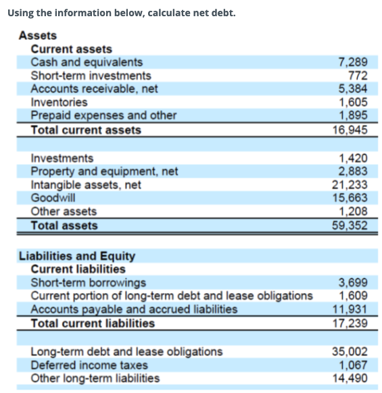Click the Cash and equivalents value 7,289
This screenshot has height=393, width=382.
coord(352,62)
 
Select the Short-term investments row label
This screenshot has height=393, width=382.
coord(91,76)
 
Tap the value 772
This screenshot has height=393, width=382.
coord(358,76)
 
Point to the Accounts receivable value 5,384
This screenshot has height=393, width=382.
coord(352,88)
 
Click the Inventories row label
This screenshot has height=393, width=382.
coord(59,102)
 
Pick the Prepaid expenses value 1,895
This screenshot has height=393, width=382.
coord(352,115)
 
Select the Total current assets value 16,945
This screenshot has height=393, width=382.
coord(350,129)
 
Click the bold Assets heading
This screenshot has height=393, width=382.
coord(38,36)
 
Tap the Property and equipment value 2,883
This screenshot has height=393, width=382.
coord(352,172)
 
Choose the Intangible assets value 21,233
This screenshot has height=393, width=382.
coord(350,184)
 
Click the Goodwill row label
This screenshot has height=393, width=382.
coord(53,198)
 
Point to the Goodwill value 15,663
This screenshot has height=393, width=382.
coord(350,198)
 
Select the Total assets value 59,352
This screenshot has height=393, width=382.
coord(350,226)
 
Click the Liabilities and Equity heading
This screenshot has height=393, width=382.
coord(77,256)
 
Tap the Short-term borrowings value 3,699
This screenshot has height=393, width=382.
coord(352,283)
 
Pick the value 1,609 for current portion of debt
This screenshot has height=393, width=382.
coord(352,296)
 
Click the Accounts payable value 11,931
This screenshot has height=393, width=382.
coord(350,309)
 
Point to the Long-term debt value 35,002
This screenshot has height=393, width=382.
coord(350,351)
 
